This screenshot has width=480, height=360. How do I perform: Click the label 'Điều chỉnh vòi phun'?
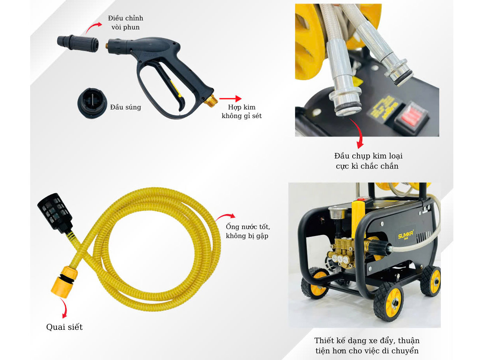[125, 22]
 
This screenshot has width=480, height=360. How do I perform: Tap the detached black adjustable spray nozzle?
[78, 43]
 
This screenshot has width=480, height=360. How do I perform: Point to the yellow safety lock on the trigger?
[176, 89]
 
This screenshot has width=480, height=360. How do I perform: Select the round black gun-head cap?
[92, 103]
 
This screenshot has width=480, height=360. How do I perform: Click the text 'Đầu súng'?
[125, 107]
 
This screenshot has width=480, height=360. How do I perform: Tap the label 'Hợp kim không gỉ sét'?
[242, 111]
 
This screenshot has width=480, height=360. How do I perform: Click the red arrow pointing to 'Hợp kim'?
[230, 98]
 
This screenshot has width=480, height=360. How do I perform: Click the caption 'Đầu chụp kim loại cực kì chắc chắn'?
[368, 161]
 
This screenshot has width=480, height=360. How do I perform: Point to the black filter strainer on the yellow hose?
[55, 213]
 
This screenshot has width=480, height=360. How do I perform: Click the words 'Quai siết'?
[64, 327]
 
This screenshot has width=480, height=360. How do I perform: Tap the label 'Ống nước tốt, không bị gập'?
[248, 231]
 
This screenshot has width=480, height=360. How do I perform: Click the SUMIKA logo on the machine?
[406, 235]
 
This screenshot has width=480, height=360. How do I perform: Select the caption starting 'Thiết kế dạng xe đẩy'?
[367, 345]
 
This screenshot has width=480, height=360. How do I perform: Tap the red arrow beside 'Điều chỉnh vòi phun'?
[93, 27]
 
